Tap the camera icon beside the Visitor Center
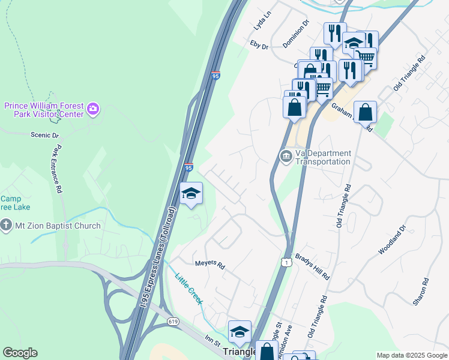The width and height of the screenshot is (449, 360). coord(93,109)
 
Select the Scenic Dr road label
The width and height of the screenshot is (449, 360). coord(45,136)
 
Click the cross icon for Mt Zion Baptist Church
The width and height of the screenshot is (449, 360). coord(7,226)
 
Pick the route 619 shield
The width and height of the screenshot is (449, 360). coord(173,322)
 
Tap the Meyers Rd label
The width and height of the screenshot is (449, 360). coord(209,265)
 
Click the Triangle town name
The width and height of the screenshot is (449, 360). coord(240,352)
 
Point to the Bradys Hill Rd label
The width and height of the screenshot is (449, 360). coord(313,266)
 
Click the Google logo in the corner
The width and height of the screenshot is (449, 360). coord(20,353)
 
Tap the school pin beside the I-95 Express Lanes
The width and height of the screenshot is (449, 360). coord(191,194)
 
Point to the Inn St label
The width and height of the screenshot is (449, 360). coord(212,340)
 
